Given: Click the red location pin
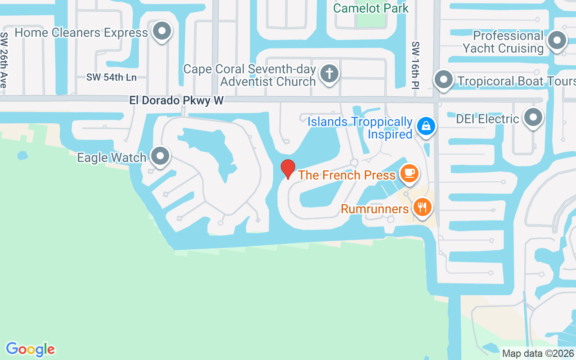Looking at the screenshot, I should coord(288,169).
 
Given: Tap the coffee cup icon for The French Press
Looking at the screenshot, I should coord(409,173).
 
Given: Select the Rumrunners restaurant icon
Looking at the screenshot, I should coord(422,207).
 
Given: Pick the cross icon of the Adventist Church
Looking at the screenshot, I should coord(329,73).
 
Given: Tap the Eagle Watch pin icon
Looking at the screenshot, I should coord(160,156).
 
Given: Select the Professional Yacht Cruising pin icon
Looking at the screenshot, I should coord(557,40).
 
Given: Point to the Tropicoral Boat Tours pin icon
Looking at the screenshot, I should coord(444,80).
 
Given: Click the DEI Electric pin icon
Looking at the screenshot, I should coord(533,117).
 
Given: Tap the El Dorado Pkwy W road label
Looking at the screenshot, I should coord(176,100).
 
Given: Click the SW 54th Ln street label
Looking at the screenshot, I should coord(112,77).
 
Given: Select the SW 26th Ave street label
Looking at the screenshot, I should coord(4,60).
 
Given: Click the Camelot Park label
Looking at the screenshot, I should coord(371,8).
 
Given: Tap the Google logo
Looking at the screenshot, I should coord(30,349).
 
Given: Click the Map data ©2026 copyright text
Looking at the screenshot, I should coord(538,353).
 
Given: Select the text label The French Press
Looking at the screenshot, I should coord(346,175).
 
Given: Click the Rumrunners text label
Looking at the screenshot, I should coord(374,209).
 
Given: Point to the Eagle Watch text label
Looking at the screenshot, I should coord(112,157).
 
